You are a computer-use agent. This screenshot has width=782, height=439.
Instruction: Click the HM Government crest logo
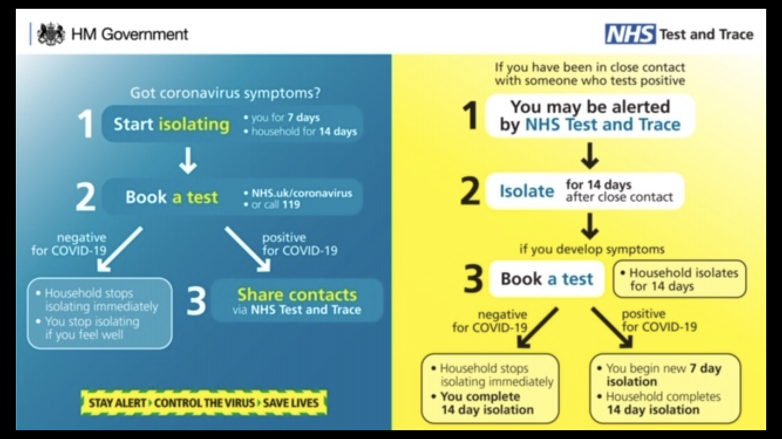point(51,34)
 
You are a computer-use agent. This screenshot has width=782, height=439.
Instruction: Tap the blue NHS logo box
point(630,34)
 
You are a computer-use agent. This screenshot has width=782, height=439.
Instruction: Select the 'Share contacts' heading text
point(297,294)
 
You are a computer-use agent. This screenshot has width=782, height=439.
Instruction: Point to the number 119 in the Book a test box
point(291,205)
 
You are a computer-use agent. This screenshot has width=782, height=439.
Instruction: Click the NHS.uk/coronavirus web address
point(302,193)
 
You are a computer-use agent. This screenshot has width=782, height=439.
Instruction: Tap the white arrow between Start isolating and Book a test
point(188,161)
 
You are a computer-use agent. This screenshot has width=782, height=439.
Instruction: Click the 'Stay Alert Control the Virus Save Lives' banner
point(203,403)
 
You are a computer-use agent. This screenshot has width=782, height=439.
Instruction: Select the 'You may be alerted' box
point(590,115)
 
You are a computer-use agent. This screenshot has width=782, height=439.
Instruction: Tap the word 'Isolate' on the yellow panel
point(526,191)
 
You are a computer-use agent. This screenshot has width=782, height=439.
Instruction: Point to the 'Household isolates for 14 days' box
point(679,279)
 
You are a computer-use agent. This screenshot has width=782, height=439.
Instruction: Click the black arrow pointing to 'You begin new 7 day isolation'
point(612,327)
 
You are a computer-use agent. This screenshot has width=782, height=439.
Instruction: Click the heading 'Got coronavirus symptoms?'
point(225,92)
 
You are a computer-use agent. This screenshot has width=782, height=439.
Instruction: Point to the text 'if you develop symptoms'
point(592,249)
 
